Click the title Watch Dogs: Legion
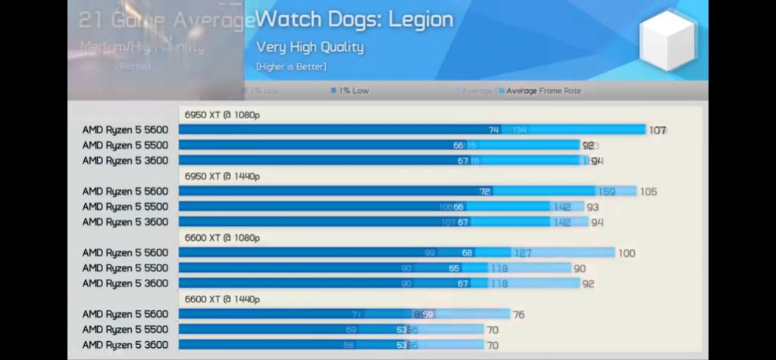[355, 20]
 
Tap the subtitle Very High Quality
[310, 47]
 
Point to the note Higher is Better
[291, 67]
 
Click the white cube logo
[666, 42]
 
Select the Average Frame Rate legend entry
[543, 91]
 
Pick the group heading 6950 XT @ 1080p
[221, 114]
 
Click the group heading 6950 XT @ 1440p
[221, 176]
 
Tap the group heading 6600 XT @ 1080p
[221, 237]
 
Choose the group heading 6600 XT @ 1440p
[221, 299]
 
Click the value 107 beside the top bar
[657, 130]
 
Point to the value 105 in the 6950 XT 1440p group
[648, 192]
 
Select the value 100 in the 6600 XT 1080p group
[626, 253]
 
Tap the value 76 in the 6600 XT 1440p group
[518, 315]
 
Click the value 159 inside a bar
[606, 192]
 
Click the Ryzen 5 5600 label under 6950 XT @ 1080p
[125, 130]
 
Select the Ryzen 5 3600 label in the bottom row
[125, 345]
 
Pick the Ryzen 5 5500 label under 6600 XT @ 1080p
[125, 268]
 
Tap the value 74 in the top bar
[494, 130]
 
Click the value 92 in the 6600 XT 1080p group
[589, 284]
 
